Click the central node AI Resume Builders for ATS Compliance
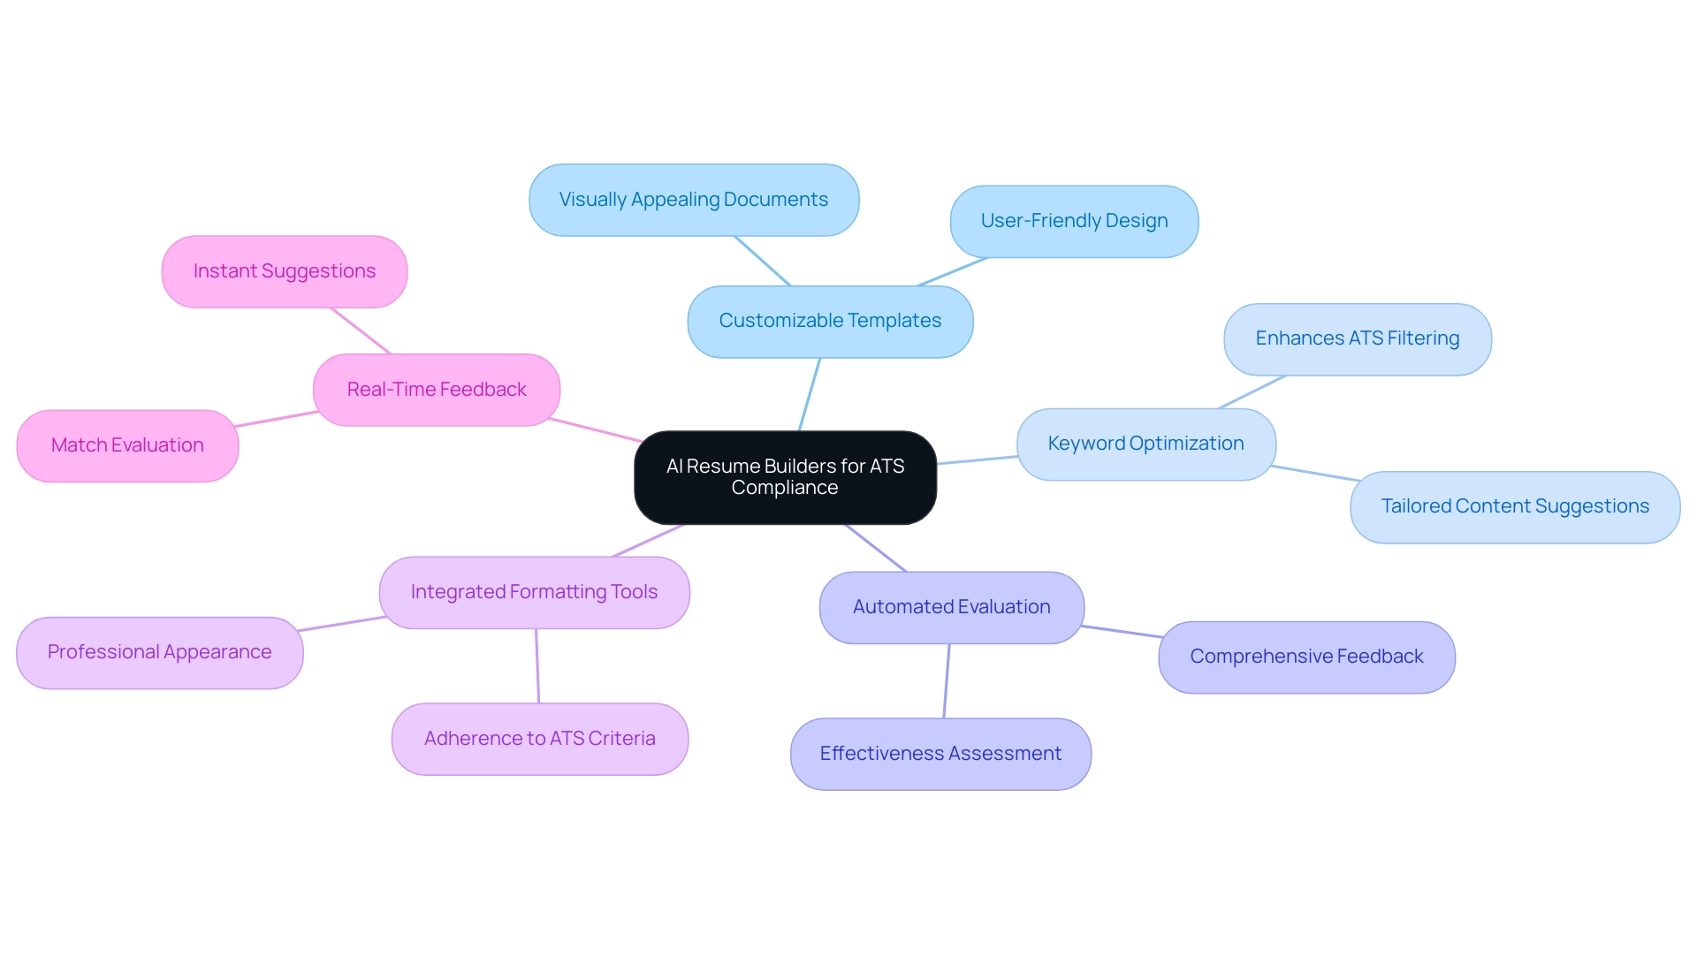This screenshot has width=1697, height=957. pyautogui.click(x=785, y=477)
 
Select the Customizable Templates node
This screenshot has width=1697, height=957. pyautogui.click(x=830, y=321)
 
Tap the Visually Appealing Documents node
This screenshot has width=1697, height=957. pyautogui.click(x=694, y=200)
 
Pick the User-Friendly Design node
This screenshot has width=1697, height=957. pyautogui.click(x=1074, y=221)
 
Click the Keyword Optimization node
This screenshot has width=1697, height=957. pyautogui.click(x=1145, y=444)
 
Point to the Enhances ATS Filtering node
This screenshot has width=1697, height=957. pyautogui.click(x=1357, y=338)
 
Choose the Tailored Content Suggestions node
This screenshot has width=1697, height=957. pyautogui.click(x=1514, y=506)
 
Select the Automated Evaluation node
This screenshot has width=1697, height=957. pyautogui.click(x=951, y=607)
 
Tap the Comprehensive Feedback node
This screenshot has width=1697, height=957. pyautogui.click(x=1305, y=657)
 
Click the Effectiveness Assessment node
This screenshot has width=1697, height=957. pyautogui.click(x=940, y=754)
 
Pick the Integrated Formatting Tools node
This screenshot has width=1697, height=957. pyautogui.click(x=534, y=592)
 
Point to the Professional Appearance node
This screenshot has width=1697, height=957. pyautogui.click(x=159, y=652)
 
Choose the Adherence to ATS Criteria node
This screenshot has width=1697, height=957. pyautogui.click(x=539, y=739)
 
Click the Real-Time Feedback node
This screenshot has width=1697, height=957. pyautogui.click(x=437, y=390)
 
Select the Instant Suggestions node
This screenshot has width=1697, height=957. pyautogui.click(x=284, y=271)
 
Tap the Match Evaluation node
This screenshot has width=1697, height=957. pyautogui.click(x=127, y=445)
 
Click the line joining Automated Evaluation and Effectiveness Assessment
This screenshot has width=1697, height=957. pyautogui.click(x=947, y=680)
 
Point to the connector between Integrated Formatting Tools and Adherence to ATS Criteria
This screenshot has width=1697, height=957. pyautogui.click(x=537, y=665)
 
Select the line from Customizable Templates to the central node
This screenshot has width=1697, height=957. pyautogui.click(x=810, y=394)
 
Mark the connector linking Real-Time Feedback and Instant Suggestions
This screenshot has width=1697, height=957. pyautogui.click(x=361, y=330)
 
